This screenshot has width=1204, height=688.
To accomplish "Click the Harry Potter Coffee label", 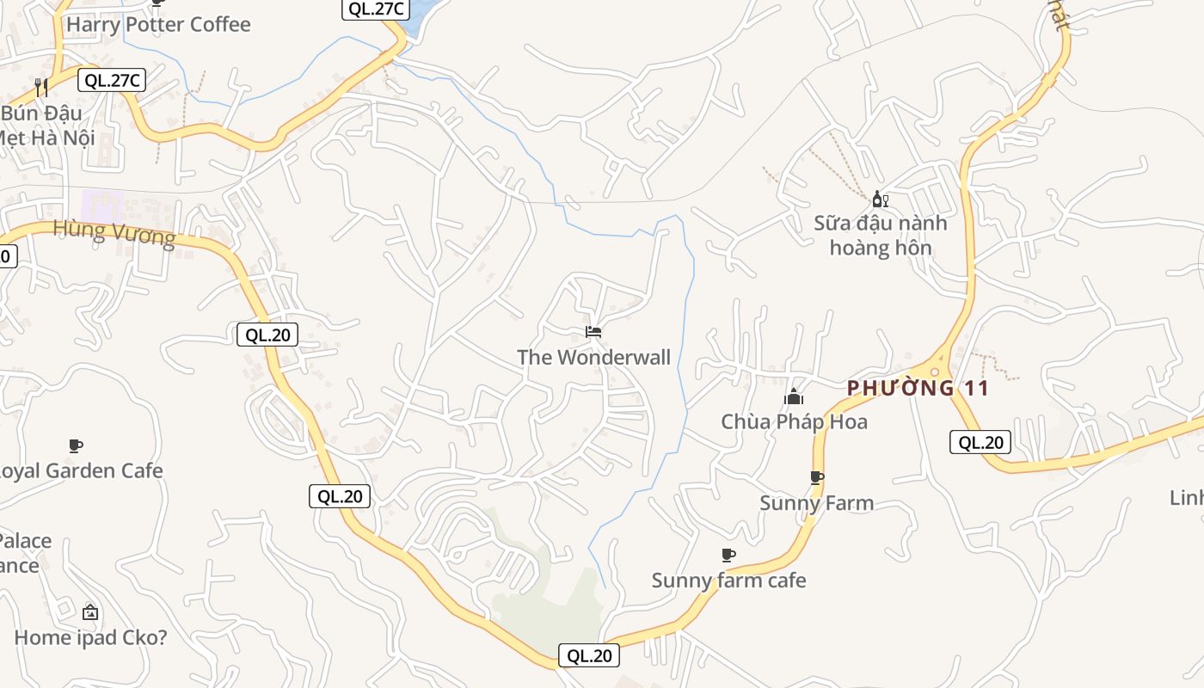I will pos(158,24).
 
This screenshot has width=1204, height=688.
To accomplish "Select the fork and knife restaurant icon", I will pos(40,87).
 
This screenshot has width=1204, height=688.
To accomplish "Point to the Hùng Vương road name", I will pos(114,232).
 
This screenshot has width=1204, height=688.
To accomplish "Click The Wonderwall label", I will pos(593,357).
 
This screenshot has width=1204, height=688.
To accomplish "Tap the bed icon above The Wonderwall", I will pos(593,331).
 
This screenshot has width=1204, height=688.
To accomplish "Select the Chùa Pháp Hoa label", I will pos(794,421).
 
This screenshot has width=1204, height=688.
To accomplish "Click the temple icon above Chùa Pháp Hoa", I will pos(794,396).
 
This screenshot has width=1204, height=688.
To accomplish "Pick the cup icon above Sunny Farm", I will pos(816,477).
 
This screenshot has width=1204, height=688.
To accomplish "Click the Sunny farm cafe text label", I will pos(728,580).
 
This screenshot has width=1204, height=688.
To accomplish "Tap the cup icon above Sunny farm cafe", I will pos(728,555).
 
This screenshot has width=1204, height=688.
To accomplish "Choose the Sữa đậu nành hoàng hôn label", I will pos(880,235).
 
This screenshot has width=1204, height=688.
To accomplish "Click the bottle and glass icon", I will pos(880,200).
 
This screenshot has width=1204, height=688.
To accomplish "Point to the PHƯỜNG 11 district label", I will pos(918,388).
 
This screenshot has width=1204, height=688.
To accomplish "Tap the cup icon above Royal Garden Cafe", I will pos(76,445).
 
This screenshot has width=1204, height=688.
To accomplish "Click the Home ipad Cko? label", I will pos(90,637).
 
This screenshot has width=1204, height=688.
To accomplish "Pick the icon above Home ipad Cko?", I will pos(90,612).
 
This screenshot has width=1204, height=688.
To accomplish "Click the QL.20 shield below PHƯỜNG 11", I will pos(980,443).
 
